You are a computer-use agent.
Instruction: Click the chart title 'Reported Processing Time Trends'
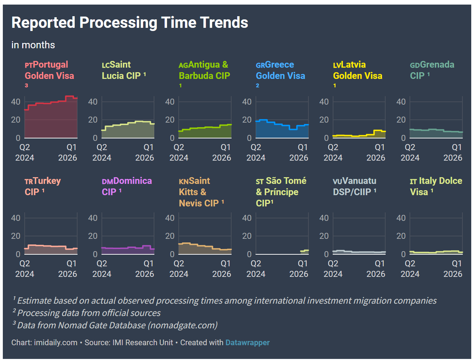pos(129,23)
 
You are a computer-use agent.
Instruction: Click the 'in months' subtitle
pos(33,45)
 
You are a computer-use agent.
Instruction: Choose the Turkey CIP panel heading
pos(43,186)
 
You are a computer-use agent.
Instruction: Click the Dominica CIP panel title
pos(127,186)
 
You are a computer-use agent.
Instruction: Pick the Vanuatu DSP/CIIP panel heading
pos(355,186)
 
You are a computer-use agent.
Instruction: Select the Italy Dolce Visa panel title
pos(436,186)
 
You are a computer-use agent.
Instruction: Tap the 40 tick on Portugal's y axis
pos(16,102)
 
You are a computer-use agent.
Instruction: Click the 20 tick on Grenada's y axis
pos(401,120)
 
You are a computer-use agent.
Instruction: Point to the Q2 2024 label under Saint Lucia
pos(102,153)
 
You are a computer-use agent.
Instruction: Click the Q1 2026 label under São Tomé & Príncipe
pos(299,268)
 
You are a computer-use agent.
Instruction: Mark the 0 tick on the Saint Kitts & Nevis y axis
pos(172,254)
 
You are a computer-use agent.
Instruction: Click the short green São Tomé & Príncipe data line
pos(305,250)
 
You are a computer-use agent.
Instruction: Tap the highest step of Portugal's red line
pos(70,96)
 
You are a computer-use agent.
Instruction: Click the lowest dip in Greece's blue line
pos(293,129)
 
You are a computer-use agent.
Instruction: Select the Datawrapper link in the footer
pos(247,342)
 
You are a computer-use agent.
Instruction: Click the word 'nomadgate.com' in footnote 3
pos(183,325)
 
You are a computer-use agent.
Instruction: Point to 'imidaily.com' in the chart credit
pos(56,342)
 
